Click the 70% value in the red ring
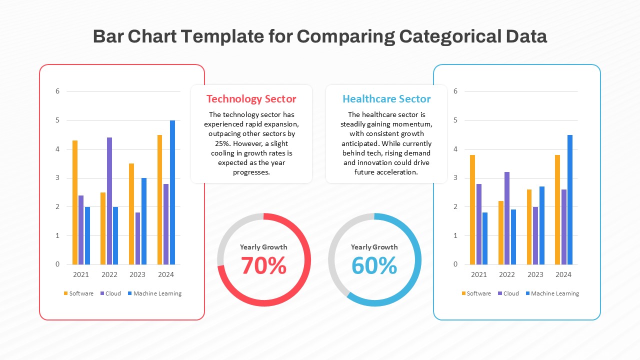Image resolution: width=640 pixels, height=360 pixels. (263, 265)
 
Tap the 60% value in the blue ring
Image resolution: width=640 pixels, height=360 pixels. (374, 265)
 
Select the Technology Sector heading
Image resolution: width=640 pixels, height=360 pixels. (251, 99)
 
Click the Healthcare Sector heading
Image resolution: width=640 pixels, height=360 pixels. (386, 99)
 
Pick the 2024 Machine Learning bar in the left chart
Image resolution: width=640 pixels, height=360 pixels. (172, 192)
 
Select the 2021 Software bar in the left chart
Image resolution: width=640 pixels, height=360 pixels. (75, 202)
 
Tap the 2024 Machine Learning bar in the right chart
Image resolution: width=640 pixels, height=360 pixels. (570, 199)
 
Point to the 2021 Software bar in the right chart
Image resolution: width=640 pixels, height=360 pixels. (472, 209)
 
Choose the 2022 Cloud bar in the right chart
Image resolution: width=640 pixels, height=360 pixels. (507, 218)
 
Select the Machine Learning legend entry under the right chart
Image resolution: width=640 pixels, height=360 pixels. (552, 293)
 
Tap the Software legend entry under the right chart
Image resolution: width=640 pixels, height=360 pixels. (476, 293)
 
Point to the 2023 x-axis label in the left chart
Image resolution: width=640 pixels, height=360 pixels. (137, 274)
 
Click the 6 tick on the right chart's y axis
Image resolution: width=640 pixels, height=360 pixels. (455, 91)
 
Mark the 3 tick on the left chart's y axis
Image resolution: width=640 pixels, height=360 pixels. (57, 178)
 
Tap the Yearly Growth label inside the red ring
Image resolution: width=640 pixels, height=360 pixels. (263, 247)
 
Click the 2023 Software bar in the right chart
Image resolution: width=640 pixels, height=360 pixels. (529, 227)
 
